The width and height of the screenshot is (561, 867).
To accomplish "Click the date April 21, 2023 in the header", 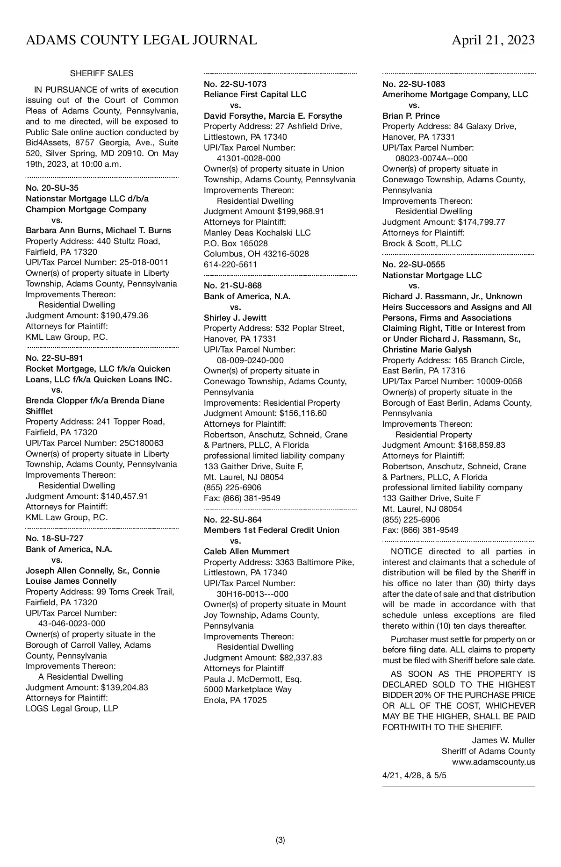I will [493, 40].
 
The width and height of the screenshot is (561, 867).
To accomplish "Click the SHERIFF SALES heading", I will [101, 73].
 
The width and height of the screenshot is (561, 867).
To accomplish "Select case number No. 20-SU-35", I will [52, 188].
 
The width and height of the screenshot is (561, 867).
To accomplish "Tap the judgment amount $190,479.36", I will [124, 315].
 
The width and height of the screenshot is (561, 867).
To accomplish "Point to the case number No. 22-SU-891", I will [54, 358].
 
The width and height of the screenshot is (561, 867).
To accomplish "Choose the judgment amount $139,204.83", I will [124, 688].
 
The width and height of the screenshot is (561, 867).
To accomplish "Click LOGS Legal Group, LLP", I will [72, 709].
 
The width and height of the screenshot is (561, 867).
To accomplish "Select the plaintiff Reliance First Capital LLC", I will [255, 94].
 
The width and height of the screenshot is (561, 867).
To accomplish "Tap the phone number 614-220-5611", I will [230, 265].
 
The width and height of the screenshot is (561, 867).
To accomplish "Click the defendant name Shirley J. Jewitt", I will [235, 318].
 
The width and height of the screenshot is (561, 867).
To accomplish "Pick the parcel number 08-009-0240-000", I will [250, 360].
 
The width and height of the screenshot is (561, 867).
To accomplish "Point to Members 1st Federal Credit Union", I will [271, 530].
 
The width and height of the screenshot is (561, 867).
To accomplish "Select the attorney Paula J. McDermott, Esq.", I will [252, 679].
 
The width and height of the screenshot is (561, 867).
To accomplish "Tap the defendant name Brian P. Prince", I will [411, 116].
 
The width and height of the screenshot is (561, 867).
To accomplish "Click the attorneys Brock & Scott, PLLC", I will [422, 244].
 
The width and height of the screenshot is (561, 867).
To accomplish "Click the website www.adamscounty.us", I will [493, 762].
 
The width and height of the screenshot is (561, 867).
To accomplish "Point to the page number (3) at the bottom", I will [280, 840].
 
